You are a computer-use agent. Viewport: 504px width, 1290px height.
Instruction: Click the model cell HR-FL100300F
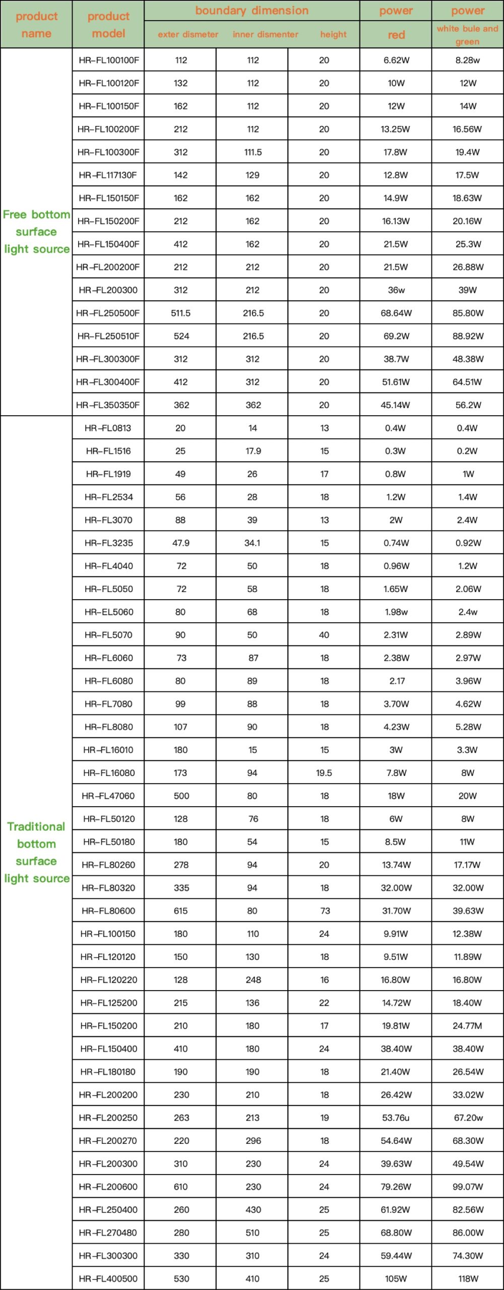pyautogui.click(x=108, y=152)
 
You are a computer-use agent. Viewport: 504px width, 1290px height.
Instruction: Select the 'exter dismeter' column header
pyautogui.click(x=188, y=34)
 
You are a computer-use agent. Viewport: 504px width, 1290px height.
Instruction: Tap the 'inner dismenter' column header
pyautogui.click(x=265, y=34)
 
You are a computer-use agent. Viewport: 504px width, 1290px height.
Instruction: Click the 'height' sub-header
pyautogui.click(x=333, y=34)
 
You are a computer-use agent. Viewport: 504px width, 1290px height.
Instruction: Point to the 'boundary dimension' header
pyautogui.click(x=251, y=11)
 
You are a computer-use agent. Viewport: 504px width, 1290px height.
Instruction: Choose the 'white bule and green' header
pyautogui.click(x=467, y=35)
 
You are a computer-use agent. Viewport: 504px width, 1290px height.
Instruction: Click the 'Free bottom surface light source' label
pyautogui.click(x=36, y=232)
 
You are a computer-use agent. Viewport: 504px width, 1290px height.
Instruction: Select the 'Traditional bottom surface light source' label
pyautogui.click(x=36, y=852)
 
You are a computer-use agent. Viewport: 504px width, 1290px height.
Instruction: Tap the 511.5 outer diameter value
pyautogui.click(x=180, y=313)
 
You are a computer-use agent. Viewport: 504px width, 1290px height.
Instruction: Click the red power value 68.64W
pyautogui.click(x=396, y=313)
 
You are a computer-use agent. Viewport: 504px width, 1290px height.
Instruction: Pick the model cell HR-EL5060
pyautogui.click(x=109, y=612)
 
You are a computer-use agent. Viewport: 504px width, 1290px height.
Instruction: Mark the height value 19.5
pyautogui.click(x=324, y=772)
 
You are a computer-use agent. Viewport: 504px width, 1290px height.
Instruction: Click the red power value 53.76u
pyautogui.click(x=396, y=1118)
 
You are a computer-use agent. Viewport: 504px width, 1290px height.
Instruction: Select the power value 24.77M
pyautogui.click(x=467, y=1025)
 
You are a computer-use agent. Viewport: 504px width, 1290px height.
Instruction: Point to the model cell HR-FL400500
pyautogui.click(x=108, y=1278)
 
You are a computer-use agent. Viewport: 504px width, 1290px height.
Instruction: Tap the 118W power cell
pyautogui.click(x=468, y=1278)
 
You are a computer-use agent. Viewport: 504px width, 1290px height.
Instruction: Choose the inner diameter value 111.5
pyautogui.click(x=253, y=152)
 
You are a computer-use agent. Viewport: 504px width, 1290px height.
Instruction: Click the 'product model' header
pyautogui.click(x=108, y=25)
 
